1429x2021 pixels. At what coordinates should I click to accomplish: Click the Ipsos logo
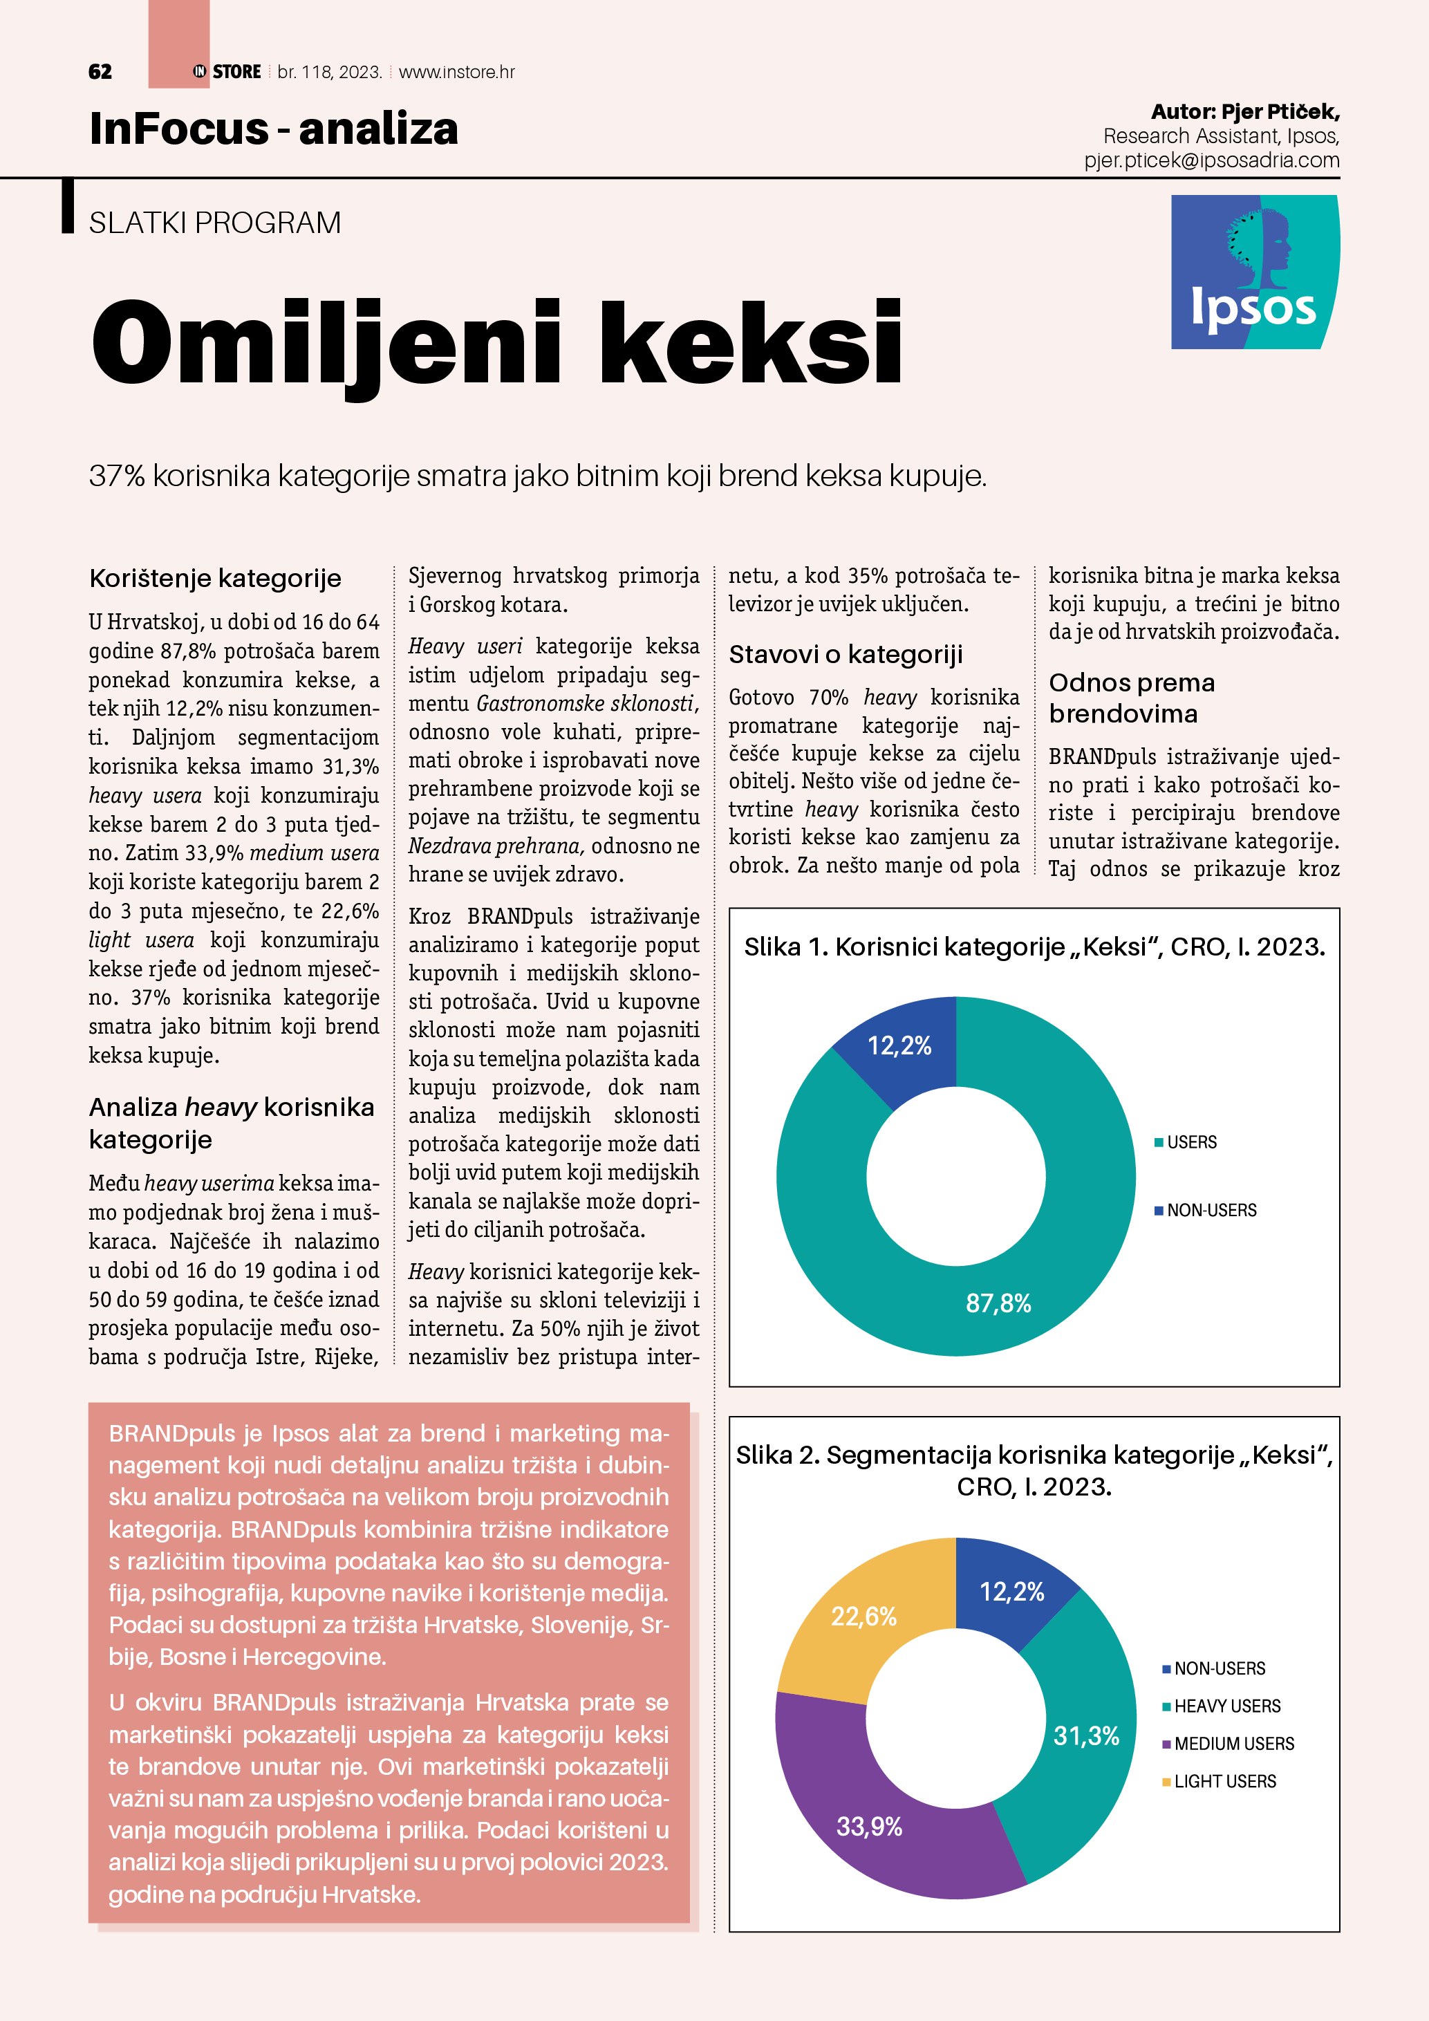click(1254, 272)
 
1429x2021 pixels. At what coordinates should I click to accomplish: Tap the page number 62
click(100, 72)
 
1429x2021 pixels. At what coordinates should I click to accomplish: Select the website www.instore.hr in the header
click(457, 72)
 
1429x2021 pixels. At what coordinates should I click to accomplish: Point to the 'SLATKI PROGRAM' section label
click(215, 223)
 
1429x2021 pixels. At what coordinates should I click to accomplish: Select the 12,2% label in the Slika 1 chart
click(899, 1045)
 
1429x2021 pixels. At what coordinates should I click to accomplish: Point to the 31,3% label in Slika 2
click(1086, 1736)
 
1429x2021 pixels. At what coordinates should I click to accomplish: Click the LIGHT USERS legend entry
click(1224, 1782)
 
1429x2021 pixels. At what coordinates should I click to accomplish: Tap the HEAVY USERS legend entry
click(1226, 1706)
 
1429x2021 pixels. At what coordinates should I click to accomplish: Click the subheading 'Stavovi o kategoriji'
click(846, 655)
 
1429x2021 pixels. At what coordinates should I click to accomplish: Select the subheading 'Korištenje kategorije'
click(215, 578)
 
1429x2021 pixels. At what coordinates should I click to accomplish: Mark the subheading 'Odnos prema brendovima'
click(1132, 698)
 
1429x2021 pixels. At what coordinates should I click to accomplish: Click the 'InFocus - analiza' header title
click(274, 129)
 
